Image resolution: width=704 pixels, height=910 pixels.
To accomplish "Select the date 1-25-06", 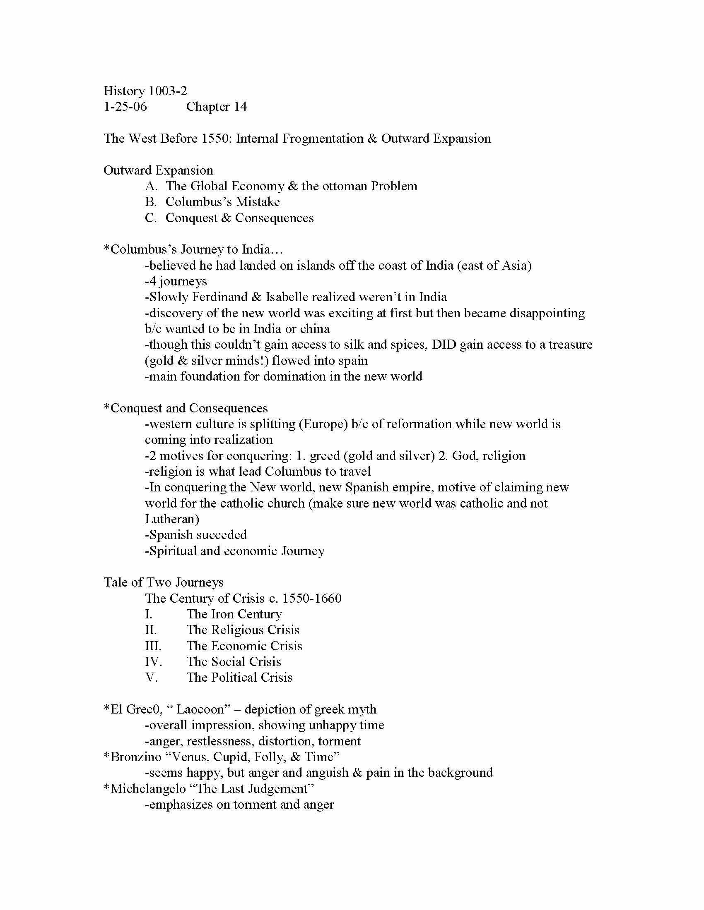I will tap(125, 107).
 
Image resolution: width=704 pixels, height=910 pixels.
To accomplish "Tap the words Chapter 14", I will tap(217, 107).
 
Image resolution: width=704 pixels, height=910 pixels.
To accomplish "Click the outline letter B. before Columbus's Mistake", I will tap(151, 202).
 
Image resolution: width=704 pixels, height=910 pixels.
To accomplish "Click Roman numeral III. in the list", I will tap(153, 646).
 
